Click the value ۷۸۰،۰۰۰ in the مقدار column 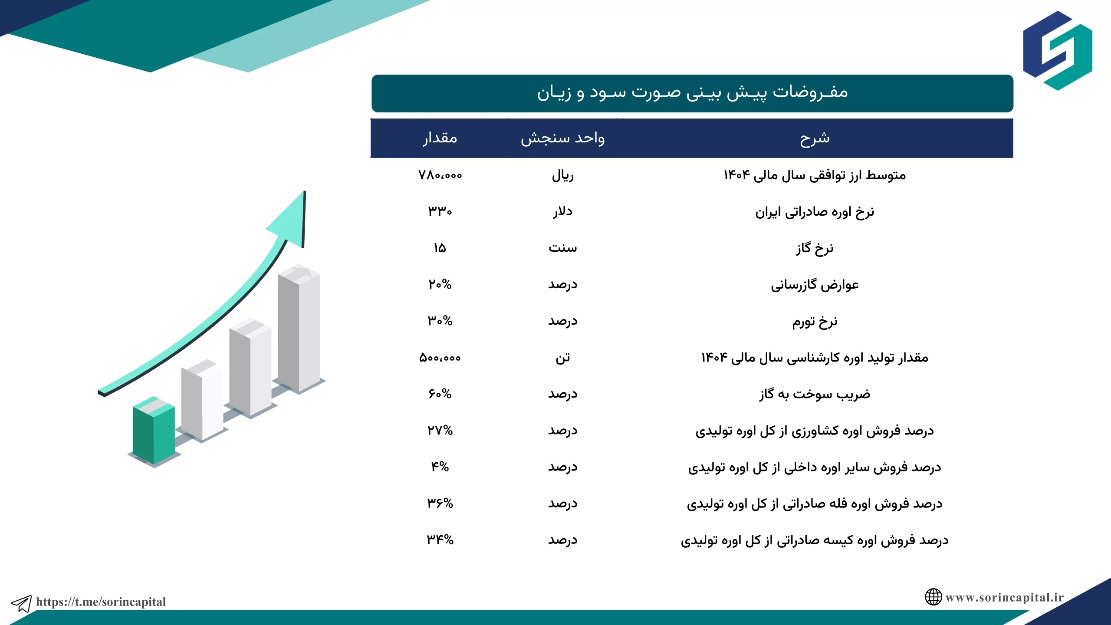pos(440,175)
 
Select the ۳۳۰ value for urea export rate pos(440,211)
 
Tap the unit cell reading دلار pos(563,211)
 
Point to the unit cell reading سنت pos(563,248)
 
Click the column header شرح pos(815,138)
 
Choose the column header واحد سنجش pos(563,138)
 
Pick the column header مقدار pos(440,138)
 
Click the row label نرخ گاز pos(815,248)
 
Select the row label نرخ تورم pos(815,322)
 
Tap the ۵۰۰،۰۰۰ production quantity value pos(440,358)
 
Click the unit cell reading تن pos(563,358)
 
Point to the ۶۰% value pos(440,394)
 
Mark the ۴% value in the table pos(440,467)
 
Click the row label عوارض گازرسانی pos(815,285)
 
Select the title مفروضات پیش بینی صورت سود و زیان pos(692,92)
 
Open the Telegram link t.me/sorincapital pos(101,602)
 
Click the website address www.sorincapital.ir pos(1005,598)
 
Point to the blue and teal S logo pos(1058,51)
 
